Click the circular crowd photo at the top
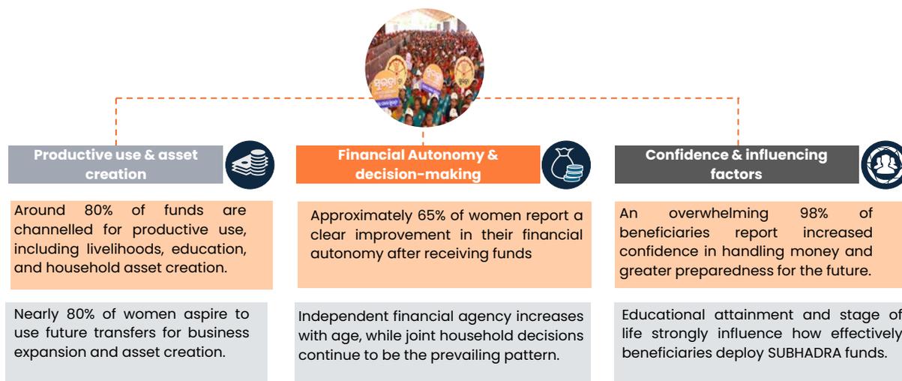pyautogui.click(x=424, y=67)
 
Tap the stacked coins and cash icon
pyautogui.click(x=250, y=165)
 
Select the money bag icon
pyautogui.click(x=566, y=165)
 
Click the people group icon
pyautogui.click(x=882, y=165)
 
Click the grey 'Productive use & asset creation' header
pyautogui.click(x=115, y=164)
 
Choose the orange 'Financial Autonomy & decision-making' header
pyautogui.click(x=418, y=164)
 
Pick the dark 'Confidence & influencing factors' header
pyautogui.click(x=736, y=164)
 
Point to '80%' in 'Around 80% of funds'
pyautogui.click(x=98, y=210)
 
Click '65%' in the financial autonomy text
pyautogui.click(x=431, y=215)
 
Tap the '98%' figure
pyautogui.click(x=814, y=213)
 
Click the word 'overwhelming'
pyautogui.click(x=718, y=214)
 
